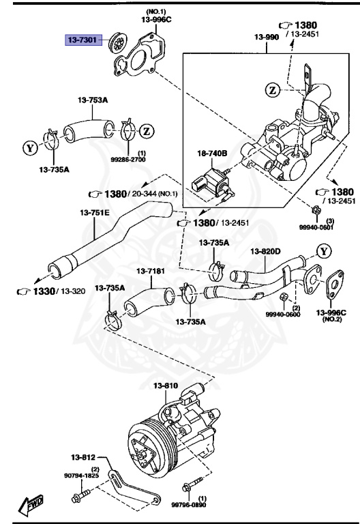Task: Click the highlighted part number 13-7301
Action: click(x=82, y=40)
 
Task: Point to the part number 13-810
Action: click(x=165, y=386)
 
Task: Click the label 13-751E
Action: click(x=95, y=213)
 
